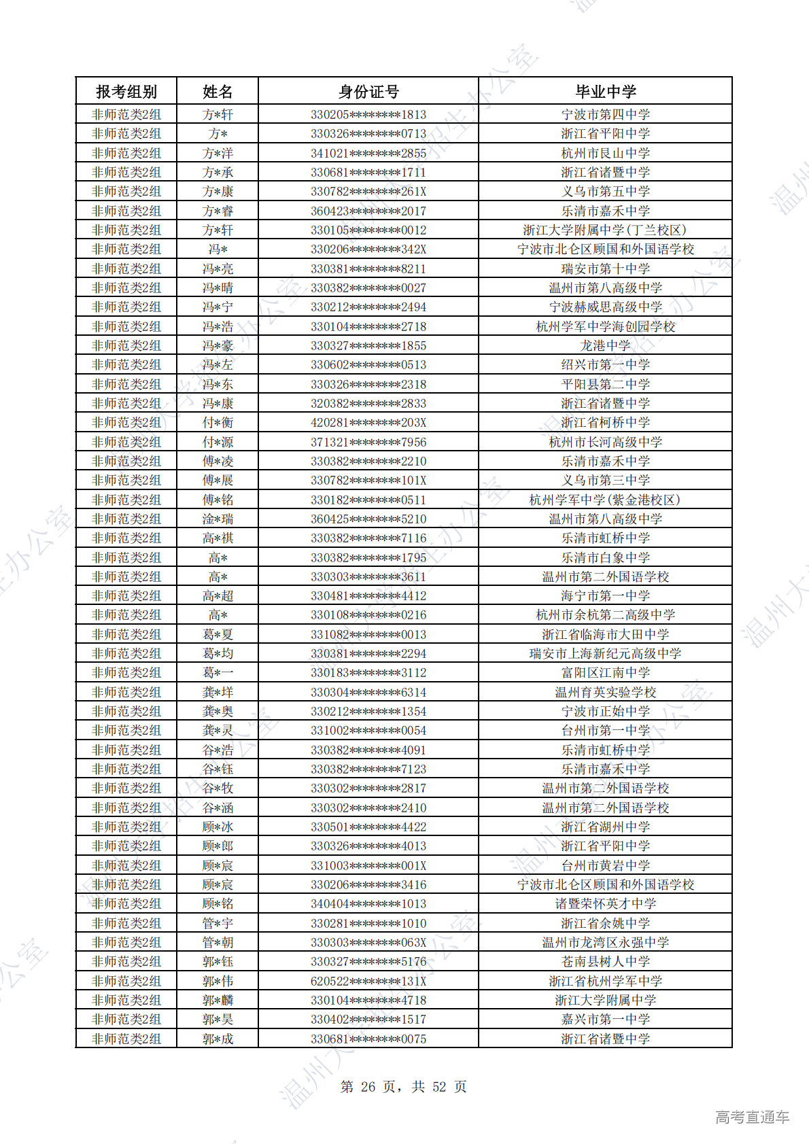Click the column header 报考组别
[126, 91]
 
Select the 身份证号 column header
[368, 91]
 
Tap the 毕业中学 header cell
[605, 91]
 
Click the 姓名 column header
[218, 91]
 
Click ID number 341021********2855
[368, 153]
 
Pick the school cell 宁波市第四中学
[605, 114]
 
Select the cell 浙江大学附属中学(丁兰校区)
[605, 230]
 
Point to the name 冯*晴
[218, 288]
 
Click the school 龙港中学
[605, 345]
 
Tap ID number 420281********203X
[368, 422]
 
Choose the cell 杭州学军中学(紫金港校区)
[605, 500]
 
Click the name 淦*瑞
[218, 519]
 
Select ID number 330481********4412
[368, 595]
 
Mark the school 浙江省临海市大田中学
[605, 634]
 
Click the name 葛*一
[218, 672]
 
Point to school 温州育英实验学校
[605, 692]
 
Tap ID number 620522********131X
[368, 981]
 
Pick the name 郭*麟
[218, 1000]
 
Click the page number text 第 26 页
[368, 1086]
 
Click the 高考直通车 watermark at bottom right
[752, 1116]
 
